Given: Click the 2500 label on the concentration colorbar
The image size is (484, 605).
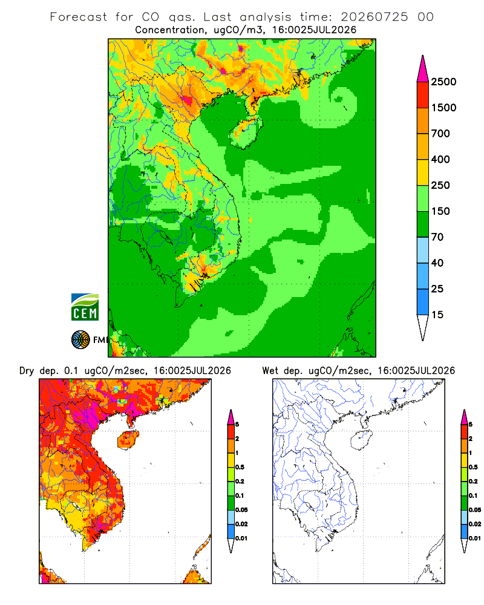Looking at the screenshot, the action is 443,82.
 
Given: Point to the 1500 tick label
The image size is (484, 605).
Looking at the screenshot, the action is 443,108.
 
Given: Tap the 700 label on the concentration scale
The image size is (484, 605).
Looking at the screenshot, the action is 440,134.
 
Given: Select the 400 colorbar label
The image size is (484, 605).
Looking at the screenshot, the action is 440,159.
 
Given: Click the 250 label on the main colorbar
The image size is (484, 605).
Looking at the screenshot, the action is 440,185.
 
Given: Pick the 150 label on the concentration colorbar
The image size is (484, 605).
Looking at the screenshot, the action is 440,211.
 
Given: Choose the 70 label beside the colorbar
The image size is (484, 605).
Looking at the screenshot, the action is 437,237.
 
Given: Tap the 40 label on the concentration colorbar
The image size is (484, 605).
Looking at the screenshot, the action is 437,263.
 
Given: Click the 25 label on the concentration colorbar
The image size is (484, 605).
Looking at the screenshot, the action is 437,289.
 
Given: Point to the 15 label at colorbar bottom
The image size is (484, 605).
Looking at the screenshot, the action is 437,315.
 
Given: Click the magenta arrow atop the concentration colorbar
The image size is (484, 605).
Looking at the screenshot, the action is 423,70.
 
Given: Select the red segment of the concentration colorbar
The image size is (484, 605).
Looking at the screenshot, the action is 423,95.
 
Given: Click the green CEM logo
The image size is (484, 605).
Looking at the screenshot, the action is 85,307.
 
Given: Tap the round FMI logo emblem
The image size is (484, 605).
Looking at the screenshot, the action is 80,340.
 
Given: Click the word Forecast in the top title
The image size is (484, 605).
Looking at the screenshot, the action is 79,17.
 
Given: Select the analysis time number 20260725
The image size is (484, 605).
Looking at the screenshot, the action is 374,17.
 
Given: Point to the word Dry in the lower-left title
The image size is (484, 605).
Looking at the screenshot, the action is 27,371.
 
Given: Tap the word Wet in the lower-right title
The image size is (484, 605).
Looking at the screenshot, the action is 270,371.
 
